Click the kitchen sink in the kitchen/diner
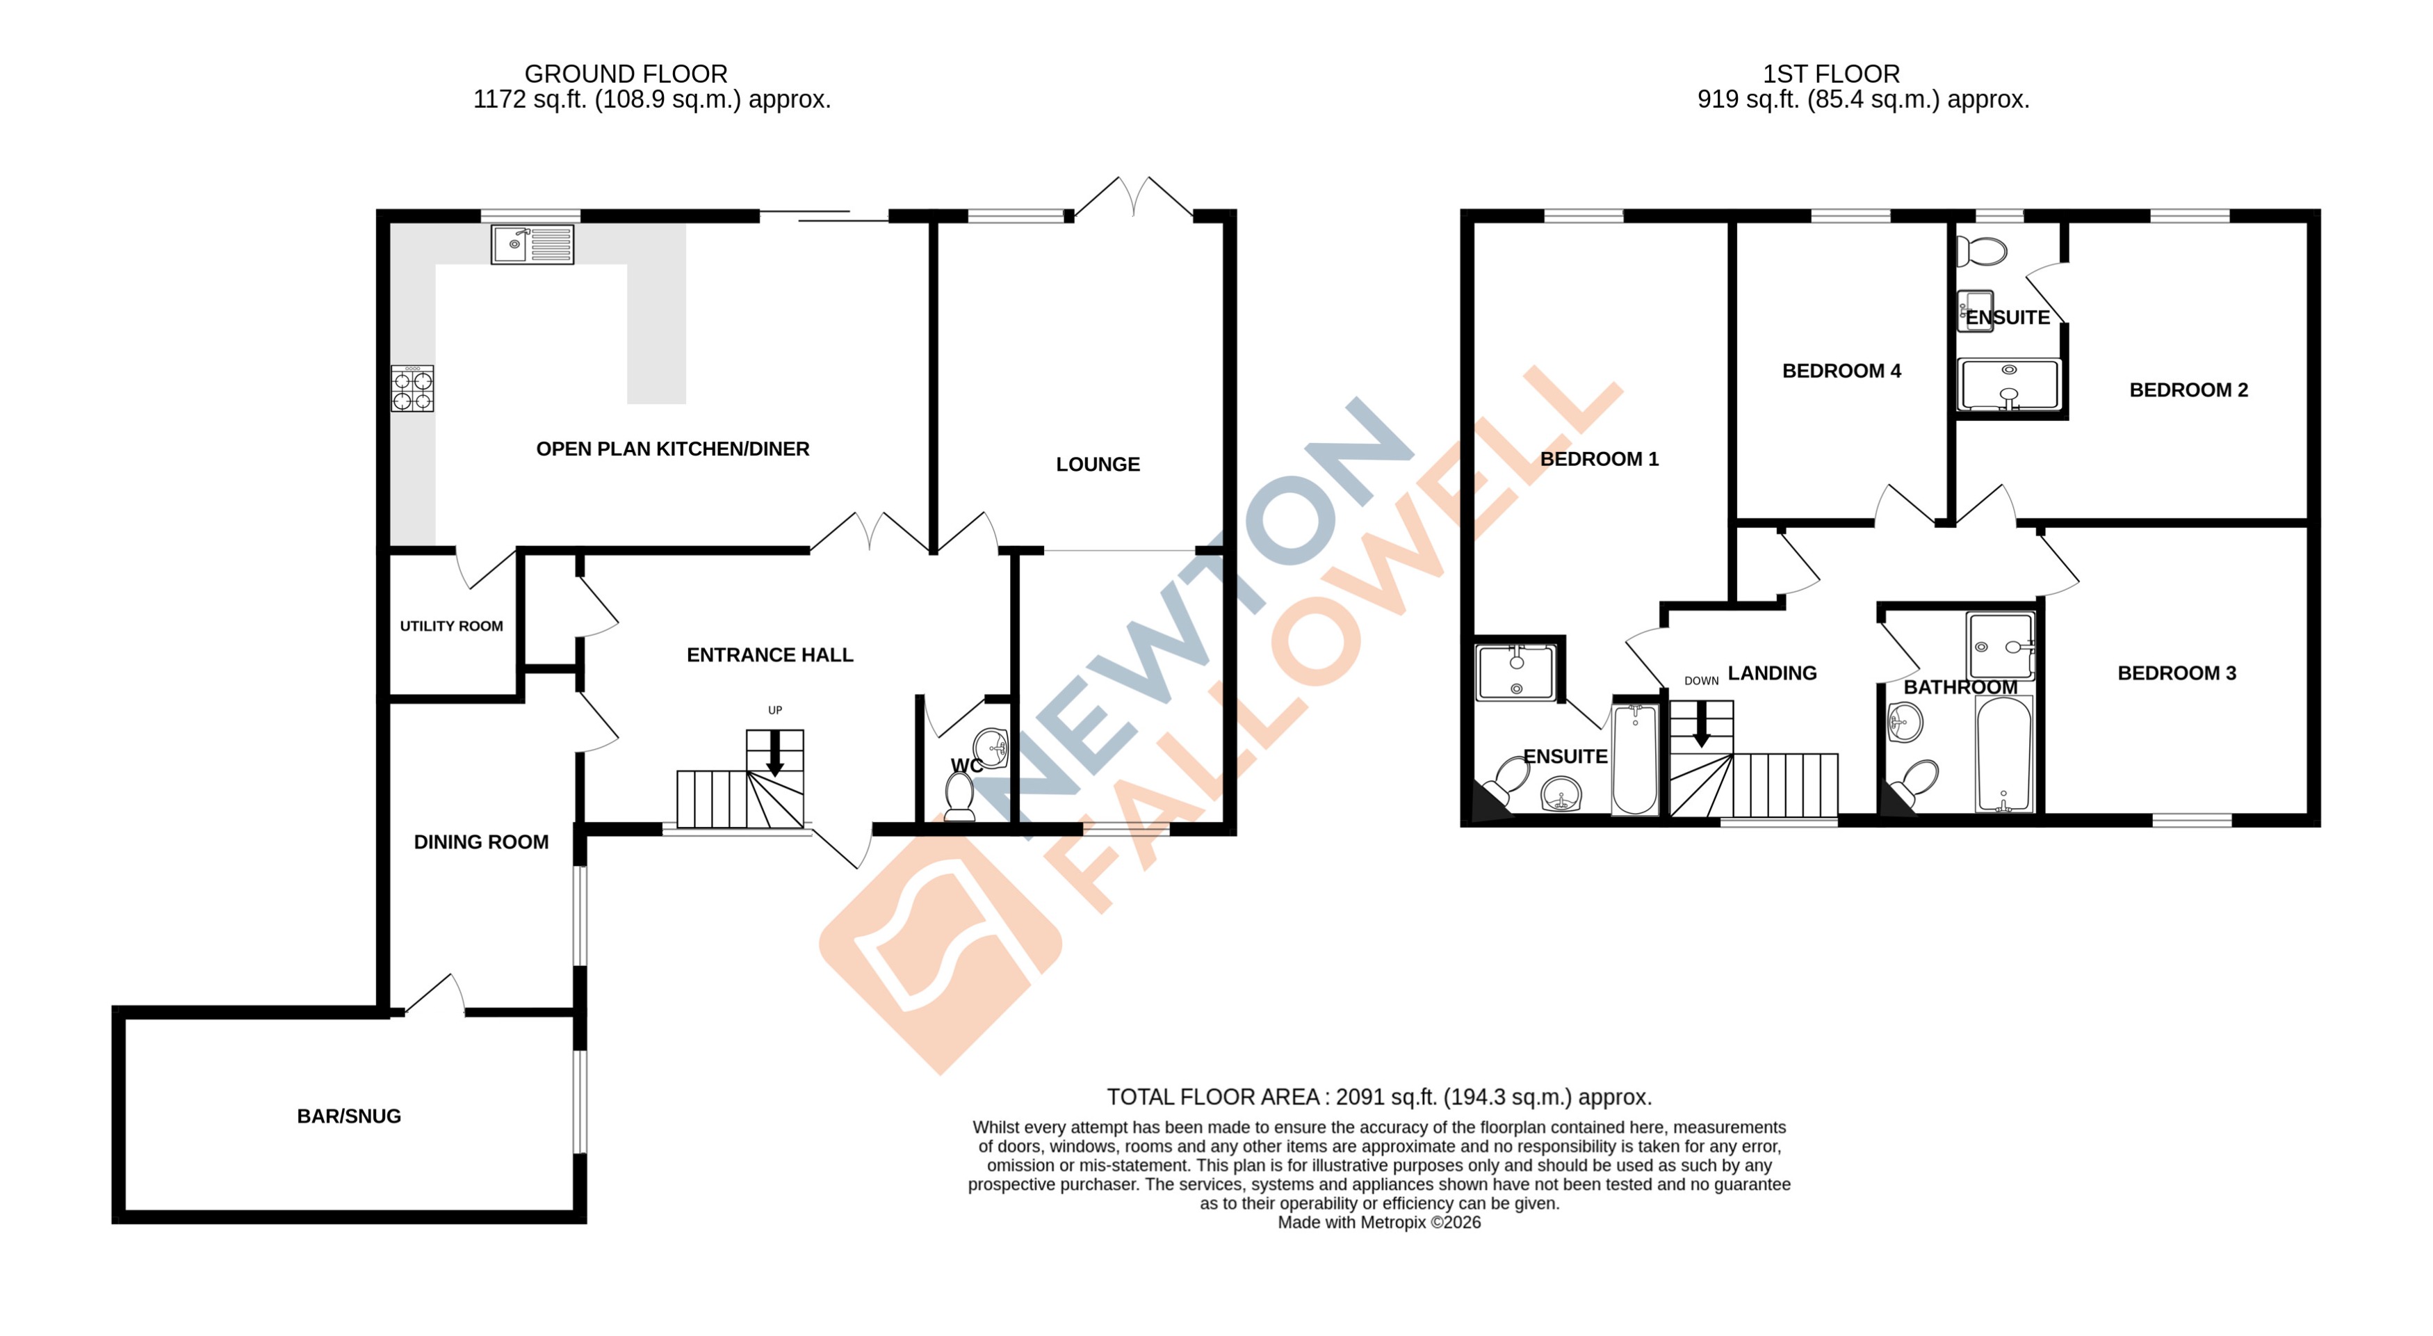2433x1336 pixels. tap(532, 244)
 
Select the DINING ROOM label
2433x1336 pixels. tap(481, 842)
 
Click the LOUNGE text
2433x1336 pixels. tap(1098, 464)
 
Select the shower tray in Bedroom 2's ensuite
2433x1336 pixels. tap(2009, 385)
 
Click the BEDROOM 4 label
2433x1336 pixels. tap(1841, 371)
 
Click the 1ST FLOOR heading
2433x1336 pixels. tap(1830, 74)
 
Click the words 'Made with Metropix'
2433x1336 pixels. tap(1351, 1222)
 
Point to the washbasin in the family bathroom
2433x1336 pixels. tap(1904, 725)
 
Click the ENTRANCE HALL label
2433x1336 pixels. tap(769, 654)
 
